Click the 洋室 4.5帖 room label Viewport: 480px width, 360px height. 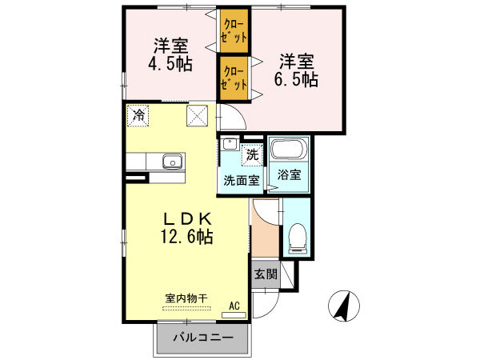(170, 54)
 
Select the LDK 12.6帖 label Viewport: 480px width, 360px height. (188, 227)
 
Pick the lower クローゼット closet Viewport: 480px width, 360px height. (235, 78)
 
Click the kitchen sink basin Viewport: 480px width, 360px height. (172, 162)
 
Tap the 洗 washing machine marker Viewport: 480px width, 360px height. (251, 154)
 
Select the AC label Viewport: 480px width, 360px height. (234, 305)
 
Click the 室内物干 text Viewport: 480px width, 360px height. (186, 298)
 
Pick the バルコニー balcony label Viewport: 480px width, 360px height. (203, 338)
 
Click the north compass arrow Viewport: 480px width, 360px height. (343, 306)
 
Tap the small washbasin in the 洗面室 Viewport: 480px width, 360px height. (230, 145)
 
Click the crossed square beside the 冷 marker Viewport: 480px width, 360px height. (198, 116)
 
